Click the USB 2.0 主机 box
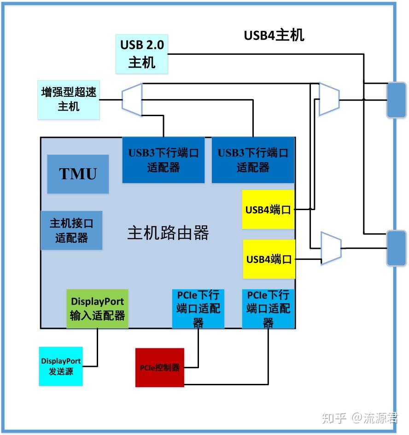click(141, 53)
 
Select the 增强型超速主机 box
click(69, 99)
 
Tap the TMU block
click(78, 174)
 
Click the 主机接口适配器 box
click(71, 230)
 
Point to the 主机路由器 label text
click(168, 233)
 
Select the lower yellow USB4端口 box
click(269, 259)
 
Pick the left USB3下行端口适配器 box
click(163, 159)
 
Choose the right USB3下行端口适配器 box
click(253, 159)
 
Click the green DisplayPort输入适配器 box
click(97, 308)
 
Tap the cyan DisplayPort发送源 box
click(61, 366)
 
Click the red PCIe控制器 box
click(159, 367)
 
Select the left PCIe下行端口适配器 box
click(198, 308)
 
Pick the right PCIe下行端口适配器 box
click(269, 308)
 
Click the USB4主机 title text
click(274, 35)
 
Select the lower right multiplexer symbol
click(331, 248)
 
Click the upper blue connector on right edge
click(396, 100)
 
